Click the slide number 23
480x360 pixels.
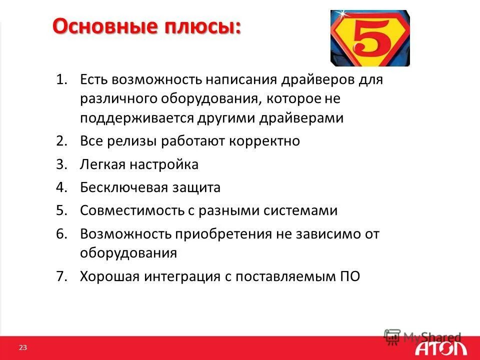click(x=22, y=347)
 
